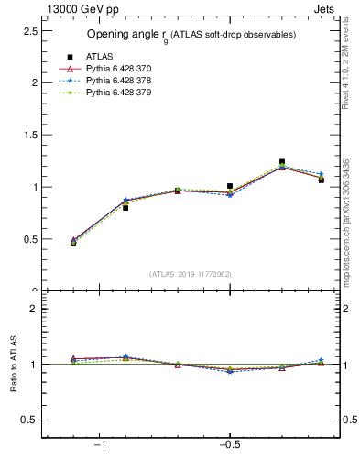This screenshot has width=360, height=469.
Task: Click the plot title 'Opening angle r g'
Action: [191, 35]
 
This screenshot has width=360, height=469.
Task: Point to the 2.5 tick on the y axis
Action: [29, 30]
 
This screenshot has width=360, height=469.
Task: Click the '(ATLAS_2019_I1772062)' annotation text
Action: [190, 274]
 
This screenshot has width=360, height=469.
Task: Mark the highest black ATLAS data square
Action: [282, 162]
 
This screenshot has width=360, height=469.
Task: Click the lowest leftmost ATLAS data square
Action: [73, 243]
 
